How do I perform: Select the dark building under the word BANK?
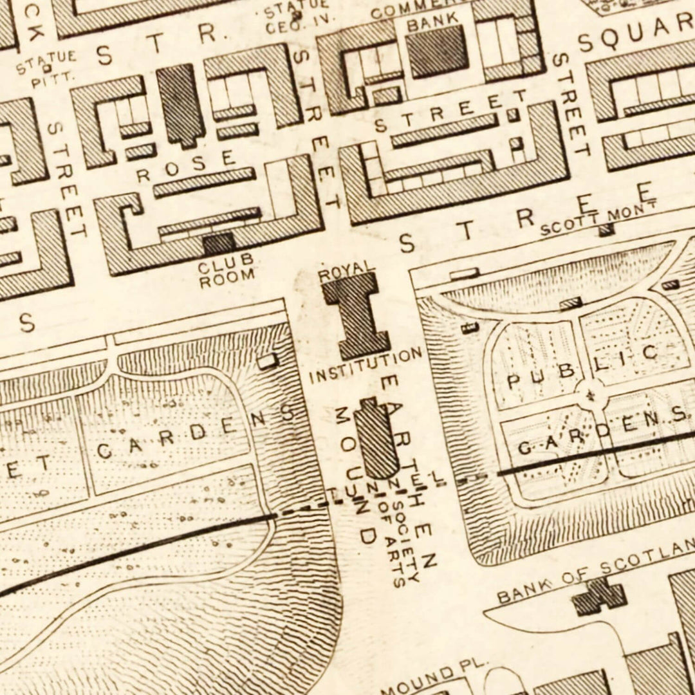point(438,51)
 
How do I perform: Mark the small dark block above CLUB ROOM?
point(219,243)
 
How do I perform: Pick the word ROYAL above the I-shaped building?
point(347,269)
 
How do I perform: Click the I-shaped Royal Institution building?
point(356,315)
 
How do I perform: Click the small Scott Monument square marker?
point(606,231)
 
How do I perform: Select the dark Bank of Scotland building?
point(598,596)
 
